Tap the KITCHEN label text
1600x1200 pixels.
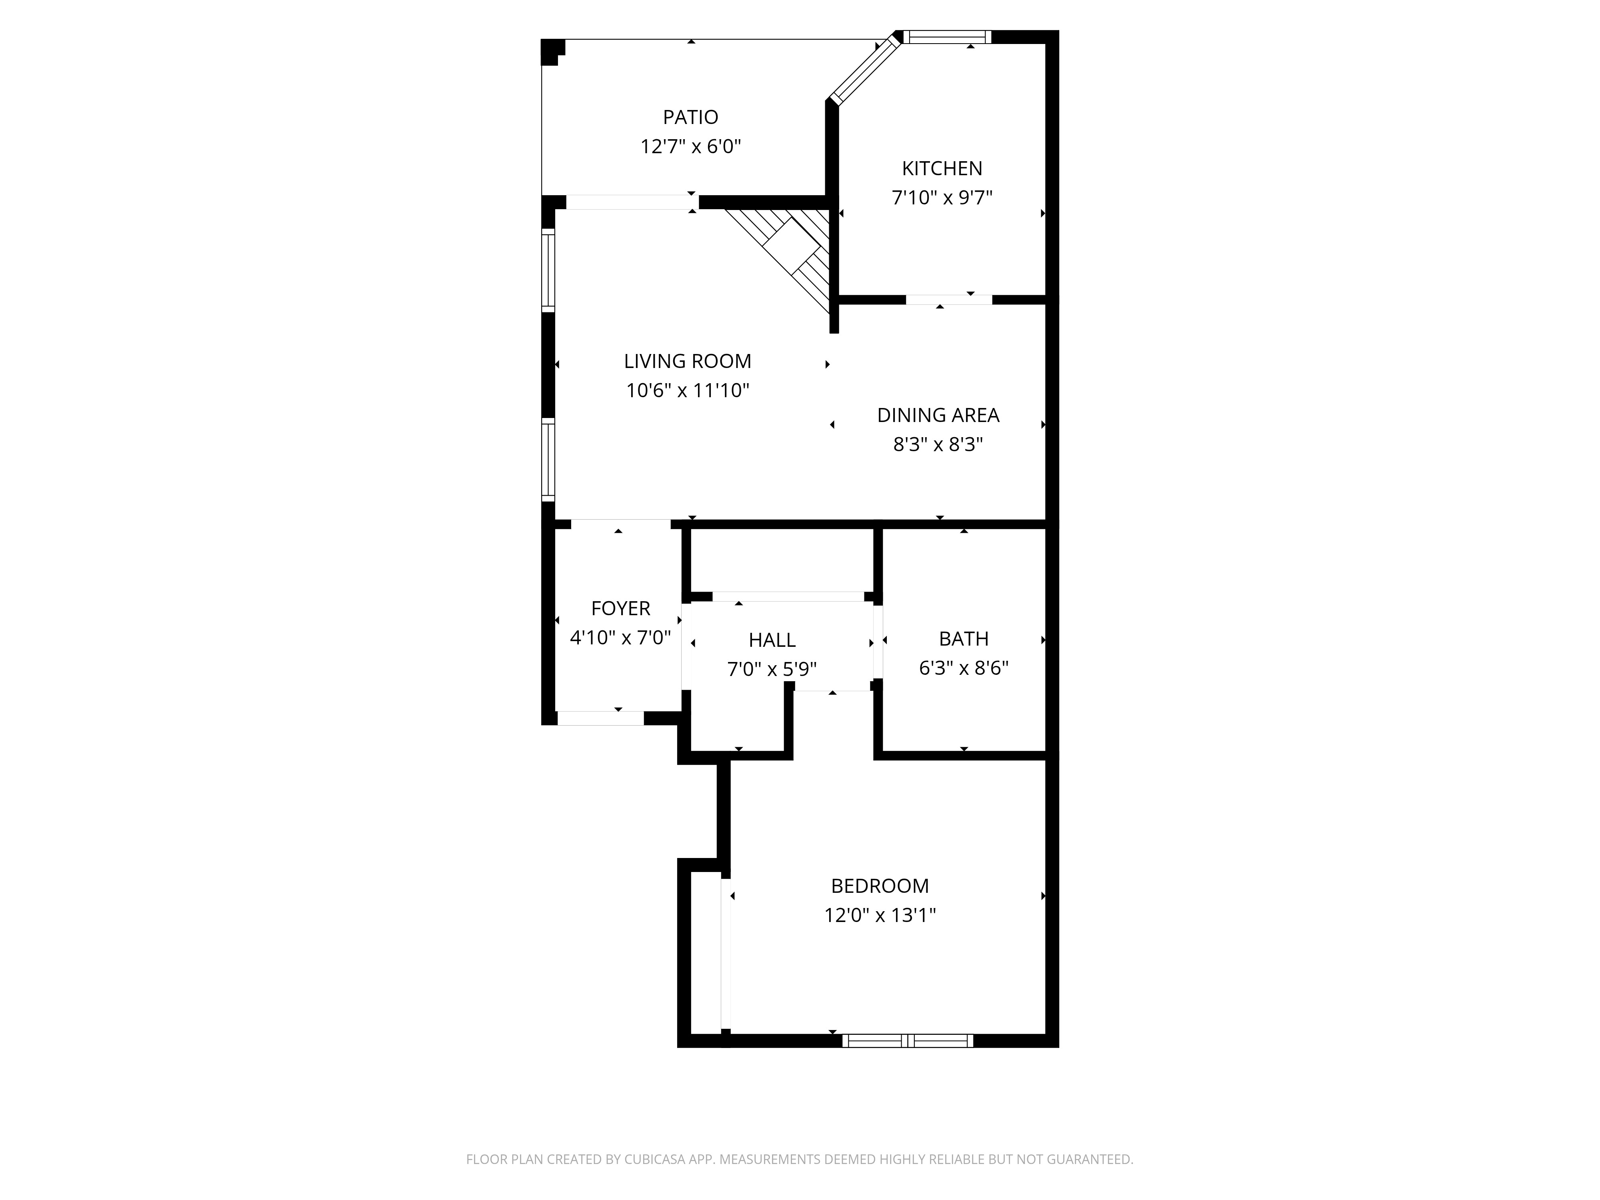942,168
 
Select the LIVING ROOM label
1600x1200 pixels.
687,361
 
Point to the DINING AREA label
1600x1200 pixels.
938,415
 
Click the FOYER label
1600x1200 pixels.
621,608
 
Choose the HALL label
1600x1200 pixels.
772,640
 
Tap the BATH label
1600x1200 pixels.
964,639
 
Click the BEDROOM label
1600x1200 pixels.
880,886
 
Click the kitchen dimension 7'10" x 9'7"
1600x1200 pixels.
942,198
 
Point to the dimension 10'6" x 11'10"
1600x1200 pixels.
687,390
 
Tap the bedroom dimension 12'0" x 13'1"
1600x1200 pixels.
880,916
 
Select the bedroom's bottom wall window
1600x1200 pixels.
907,1041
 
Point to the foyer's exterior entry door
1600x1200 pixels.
600,718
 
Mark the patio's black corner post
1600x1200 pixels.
552,51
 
